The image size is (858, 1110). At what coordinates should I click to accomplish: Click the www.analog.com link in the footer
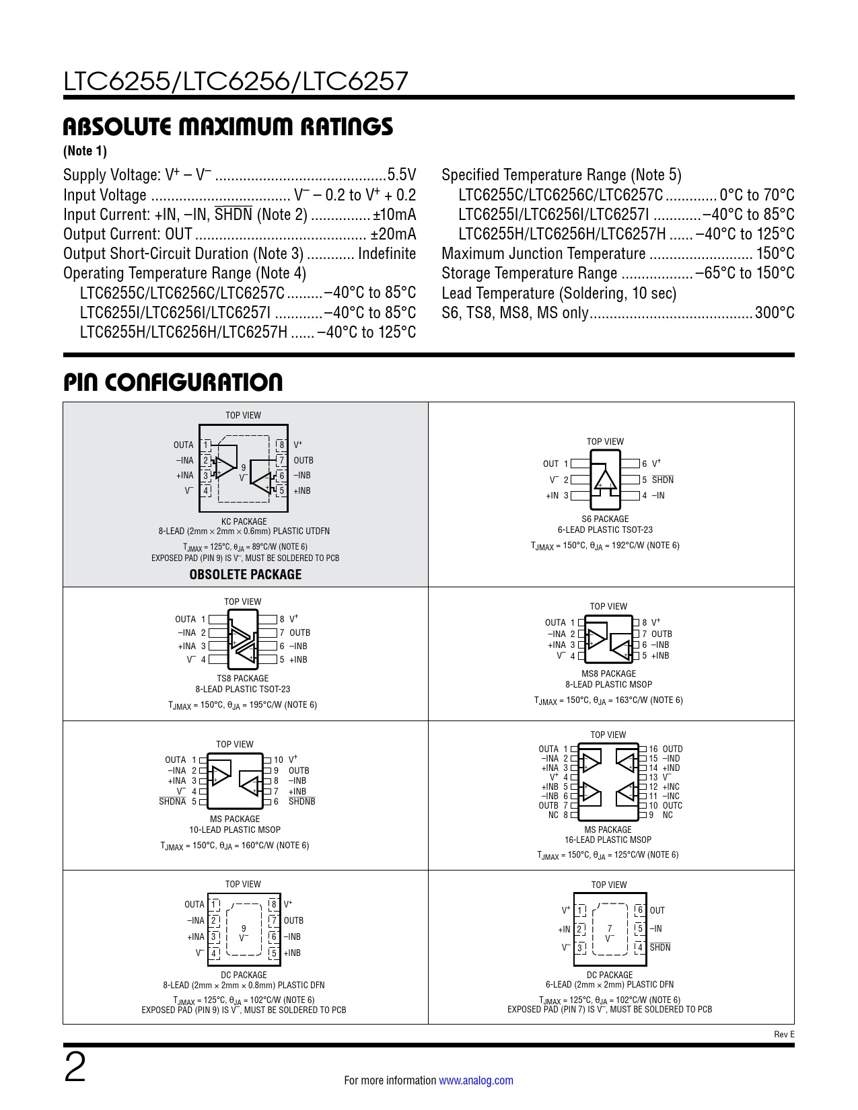[x=476, y=1080]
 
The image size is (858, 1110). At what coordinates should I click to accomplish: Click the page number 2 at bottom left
[x=75, y=1068]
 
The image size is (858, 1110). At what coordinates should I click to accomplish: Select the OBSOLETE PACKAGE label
[x=245, y=575]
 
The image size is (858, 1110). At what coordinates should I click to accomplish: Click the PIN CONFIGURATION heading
[x=173, y=382]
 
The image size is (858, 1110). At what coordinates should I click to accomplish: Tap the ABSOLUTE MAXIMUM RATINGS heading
[x=227, y=126]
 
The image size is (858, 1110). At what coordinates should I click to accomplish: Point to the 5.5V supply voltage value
[x=401, y=175]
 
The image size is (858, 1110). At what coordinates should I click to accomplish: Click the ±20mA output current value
[x=393, y=234]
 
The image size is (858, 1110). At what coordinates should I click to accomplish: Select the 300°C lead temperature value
[x=774, y=313]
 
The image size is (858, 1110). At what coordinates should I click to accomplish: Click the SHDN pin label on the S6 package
[x=662, y=480]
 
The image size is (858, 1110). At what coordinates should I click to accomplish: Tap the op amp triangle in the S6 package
[x=605, y=480]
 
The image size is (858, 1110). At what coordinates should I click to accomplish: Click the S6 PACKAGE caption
[x=605, y=519]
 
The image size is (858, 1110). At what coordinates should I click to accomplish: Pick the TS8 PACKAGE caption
[x=242, y=678]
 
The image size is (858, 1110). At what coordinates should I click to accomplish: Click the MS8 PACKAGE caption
[x=608, y=673]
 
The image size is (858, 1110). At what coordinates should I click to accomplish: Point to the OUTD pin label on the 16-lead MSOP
[x=672, y=749]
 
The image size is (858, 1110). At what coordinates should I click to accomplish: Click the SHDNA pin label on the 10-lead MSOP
[x=172, y=802]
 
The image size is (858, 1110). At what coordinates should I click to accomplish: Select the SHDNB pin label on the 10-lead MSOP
[x=301, y=802]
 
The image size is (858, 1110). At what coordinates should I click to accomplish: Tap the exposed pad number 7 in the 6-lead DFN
[x=610, y=928]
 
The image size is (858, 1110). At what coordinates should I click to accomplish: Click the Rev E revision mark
[x=784, y=1035]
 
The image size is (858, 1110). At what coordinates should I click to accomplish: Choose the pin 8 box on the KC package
[x=281, y=445]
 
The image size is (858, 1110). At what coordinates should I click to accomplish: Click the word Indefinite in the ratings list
[x=387, y=254]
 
